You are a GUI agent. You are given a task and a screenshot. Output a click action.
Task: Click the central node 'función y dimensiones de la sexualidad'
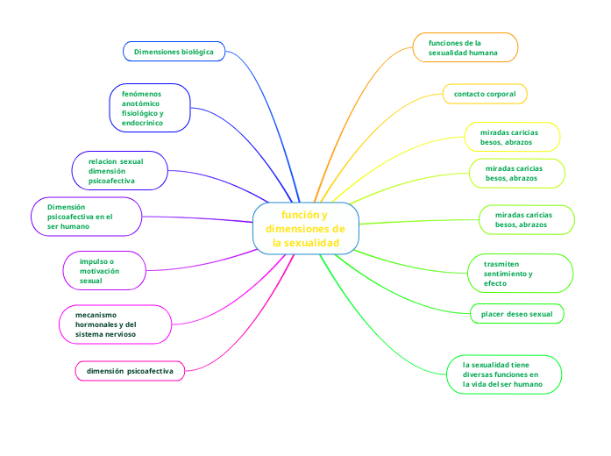[305, 229]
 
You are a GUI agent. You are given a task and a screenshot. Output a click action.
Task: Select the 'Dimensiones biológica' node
[174, 52]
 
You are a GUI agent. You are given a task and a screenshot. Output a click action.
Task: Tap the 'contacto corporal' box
[484, 93]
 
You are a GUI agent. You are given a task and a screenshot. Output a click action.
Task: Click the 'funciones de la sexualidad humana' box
[465, 47]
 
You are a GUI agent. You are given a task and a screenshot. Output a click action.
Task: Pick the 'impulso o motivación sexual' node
[104, 271]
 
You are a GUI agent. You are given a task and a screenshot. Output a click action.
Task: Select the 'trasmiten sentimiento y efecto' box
[518, 273]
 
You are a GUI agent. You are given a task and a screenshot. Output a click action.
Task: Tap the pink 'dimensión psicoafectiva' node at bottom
[130, 371]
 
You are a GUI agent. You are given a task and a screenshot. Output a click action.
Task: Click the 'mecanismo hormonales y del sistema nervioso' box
[115, 324]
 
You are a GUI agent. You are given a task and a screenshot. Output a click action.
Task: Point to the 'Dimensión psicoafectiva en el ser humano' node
[87, 217]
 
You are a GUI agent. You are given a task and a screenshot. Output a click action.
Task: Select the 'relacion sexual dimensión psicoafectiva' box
[119, 171]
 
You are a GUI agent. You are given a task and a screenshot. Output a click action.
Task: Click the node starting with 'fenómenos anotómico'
[150, 107]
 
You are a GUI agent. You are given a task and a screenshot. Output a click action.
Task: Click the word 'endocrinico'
[143, 123]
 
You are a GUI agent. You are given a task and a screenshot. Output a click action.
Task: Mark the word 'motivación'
[99, 271]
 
